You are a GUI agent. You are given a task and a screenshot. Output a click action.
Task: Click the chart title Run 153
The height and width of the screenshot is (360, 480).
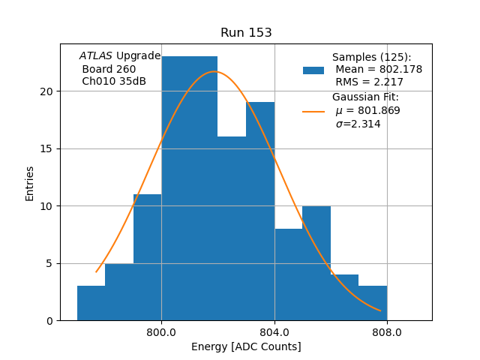(246, 33)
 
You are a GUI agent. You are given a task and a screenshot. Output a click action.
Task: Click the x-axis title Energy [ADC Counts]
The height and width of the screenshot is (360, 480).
(246, 346)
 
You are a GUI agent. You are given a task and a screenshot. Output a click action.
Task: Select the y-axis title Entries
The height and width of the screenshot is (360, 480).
(30, 183)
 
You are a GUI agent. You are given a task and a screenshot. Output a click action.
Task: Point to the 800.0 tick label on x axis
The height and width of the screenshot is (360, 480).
(161, 332)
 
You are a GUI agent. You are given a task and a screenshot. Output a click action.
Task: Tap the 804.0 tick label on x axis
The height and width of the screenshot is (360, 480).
(274, 332)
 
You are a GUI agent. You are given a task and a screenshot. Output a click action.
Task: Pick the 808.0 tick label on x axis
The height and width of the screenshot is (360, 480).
(387, 332)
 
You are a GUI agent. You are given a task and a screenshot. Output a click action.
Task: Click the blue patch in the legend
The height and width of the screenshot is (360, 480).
(313, 70)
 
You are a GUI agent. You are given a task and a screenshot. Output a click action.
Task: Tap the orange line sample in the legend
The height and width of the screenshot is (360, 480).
(313, 111)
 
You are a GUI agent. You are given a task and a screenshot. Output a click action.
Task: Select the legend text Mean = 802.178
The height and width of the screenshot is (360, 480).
(378, 70)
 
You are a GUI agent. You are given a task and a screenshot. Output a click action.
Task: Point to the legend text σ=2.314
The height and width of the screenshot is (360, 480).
(358, 124)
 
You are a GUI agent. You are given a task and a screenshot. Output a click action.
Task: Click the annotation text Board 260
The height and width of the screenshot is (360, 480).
(109, 69)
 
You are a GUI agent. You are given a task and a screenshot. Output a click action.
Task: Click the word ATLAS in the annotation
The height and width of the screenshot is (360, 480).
(96, 56)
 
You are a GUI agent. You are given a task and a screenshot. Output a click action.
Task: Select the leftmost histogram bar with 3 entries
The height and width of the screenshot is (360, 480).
(91, 303)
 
